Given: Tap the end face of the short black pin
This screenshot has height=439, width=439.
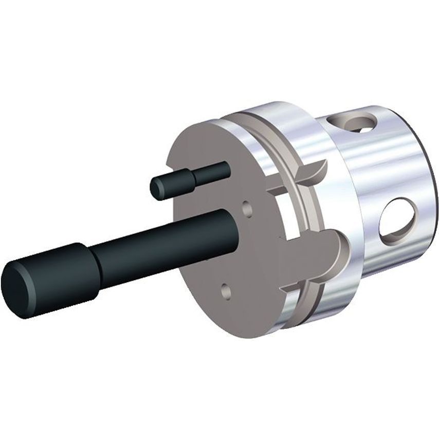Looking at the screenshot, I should coord(157,188).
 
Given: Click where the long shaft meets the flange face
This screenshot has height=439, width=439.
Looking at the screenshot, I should coord(234,221).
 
